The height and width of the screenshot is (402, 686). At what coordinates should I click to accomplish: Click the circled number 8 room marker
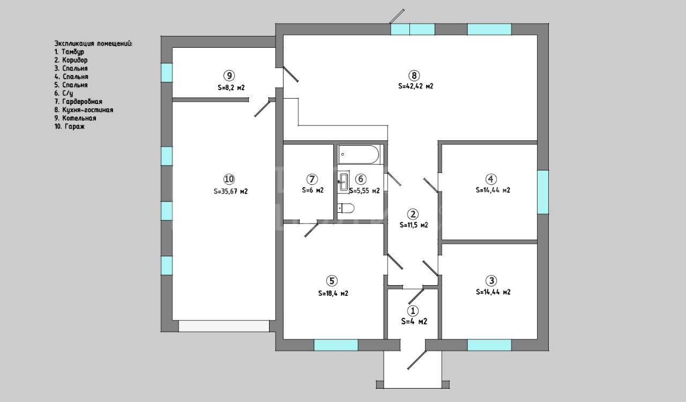pos(414,76)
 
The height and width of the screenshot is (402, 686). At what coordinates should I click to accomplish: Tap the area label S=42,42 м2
pos(415,86)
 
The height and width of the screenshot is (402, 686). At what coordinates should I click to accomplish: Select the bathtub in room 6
pos(359,155)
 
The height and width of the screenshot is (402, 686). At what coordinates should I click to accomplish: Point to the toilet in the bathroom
pos(346,209)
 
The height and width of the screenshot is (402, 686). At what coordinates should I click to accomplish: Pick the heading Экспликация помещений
pos(93,43)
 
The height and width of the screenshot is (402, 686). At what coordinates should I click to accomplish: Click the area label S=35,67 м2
pos(230,191)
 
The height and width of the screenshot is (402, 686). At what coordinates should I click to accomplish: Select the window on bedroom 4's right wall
pos(543,192)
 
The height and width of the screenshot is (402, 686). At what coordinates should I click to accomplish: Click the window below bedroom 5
pos(336,345)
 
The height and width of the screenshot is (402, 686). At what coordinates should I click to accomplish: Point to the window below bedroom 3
pos(489,345)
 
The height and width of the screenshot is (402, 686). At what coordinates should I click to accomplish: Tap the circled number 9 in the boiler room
pos(229,76)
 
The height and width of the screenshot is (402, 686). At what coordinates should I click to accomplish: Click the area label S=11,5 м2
pos(414,225)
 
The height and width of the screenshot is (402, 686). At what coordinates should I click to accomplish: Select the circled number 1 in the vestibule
pos(413,311)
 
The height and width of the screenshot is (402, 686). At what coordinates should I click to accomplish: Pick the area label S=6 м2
pos(312,190)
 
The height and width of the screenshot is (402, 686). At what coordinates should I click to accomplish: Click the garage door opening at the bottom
pos(224,326)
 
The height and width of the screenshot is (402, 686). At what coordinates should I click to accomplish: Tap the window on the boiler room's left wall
pos(167,72)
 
